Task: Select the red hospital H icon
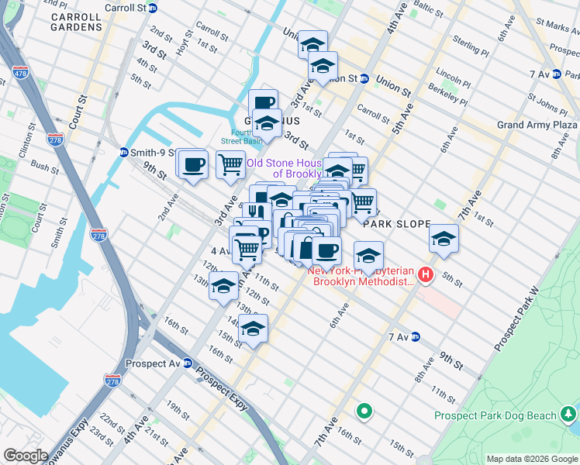tap(425, 274)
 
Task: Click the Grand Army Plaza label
tap(537, 125)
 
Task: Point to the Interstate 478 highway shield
tap(21, 73)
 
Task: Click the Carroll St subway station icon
tap(154, 8)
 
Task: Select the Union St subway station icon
tap(364, 79)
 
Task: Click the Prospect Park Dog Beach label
tap(495, 415)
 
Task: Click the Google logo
tap(26, 456)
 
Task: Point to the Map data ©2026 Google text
tap(532, 459)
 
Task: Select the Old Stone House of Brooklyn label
tap(283, 168)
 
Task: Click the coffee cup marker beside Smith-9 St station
tap(192, 164)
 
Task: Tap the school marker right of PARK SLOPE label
tap(444, 238)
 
